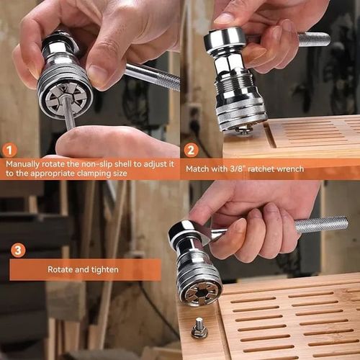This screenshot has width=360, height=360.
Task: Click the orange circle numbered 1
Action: [9, 150]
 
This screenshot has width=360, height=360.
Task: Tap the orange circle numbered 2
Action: [191, 150]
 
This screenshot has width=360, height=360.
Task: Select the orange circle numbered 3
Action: [18, 250]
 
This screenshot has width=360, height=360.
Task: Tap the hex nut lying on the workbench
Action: [199, 329]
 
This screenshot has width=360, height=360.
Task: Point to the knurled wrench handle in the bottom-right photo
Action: [320, 225]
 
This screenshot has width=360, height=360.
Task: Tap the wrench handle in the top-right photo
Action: [313, 40]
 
